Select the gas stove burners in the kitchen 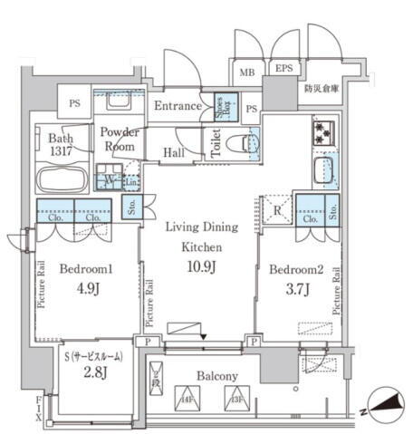[x=323, y=134]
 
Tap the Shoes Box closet [x=221, y=108]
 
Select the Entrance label [x=178, y=107]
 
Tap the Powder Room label [x=119, y=139]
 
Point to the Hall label [x=174, y=153]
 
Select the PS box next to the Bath [x=74, y=103]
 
